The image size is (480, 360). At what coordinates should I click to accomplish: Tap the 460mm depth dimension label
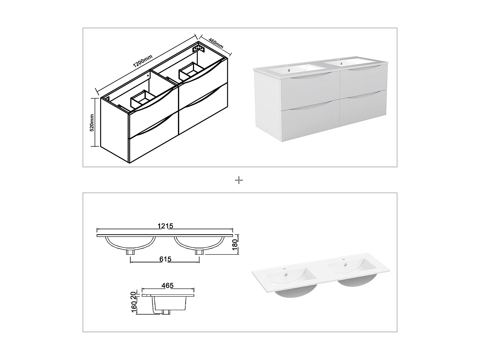click(x=215, y=44)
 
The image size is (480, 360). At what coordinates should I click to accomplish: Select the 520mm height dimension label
click(x=92, y=123)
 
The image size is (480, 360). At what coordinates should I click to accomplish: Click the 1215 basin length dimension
click(x=165, y=226)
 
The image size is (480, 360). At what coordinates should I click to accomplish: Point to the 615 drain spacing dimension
click(x=165, y=259)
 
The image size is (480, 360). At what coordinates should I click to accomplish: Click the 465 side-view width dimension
click(x=167, y=285)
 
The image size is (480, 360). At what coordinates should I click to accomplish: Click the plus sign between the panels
click(x=239, y=180)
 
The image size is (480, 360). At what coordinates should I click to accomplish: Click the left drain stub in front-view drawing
click(x=130, y=252)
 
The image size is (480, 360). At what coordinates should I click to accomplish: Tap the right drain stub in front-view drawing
click(x=199, y=252)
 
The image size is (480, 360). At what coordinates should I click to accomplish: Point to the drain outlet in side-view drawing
click(x=166, y=312)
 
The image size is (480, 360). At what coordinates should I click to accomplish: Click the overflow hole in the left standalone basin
click(x=285, y=274)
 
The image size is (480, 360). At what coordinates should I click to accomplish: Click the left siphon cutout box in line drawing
click(x=141, y=99)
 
